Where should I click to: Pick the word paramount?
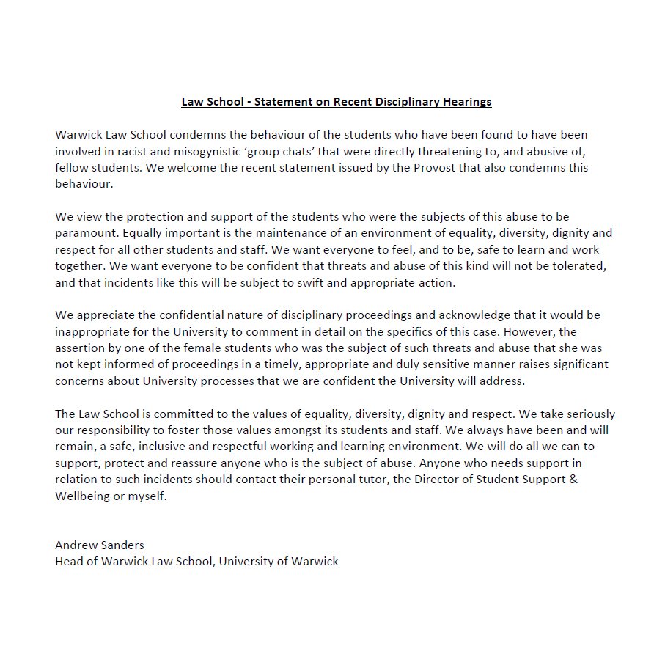[82, 233]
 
